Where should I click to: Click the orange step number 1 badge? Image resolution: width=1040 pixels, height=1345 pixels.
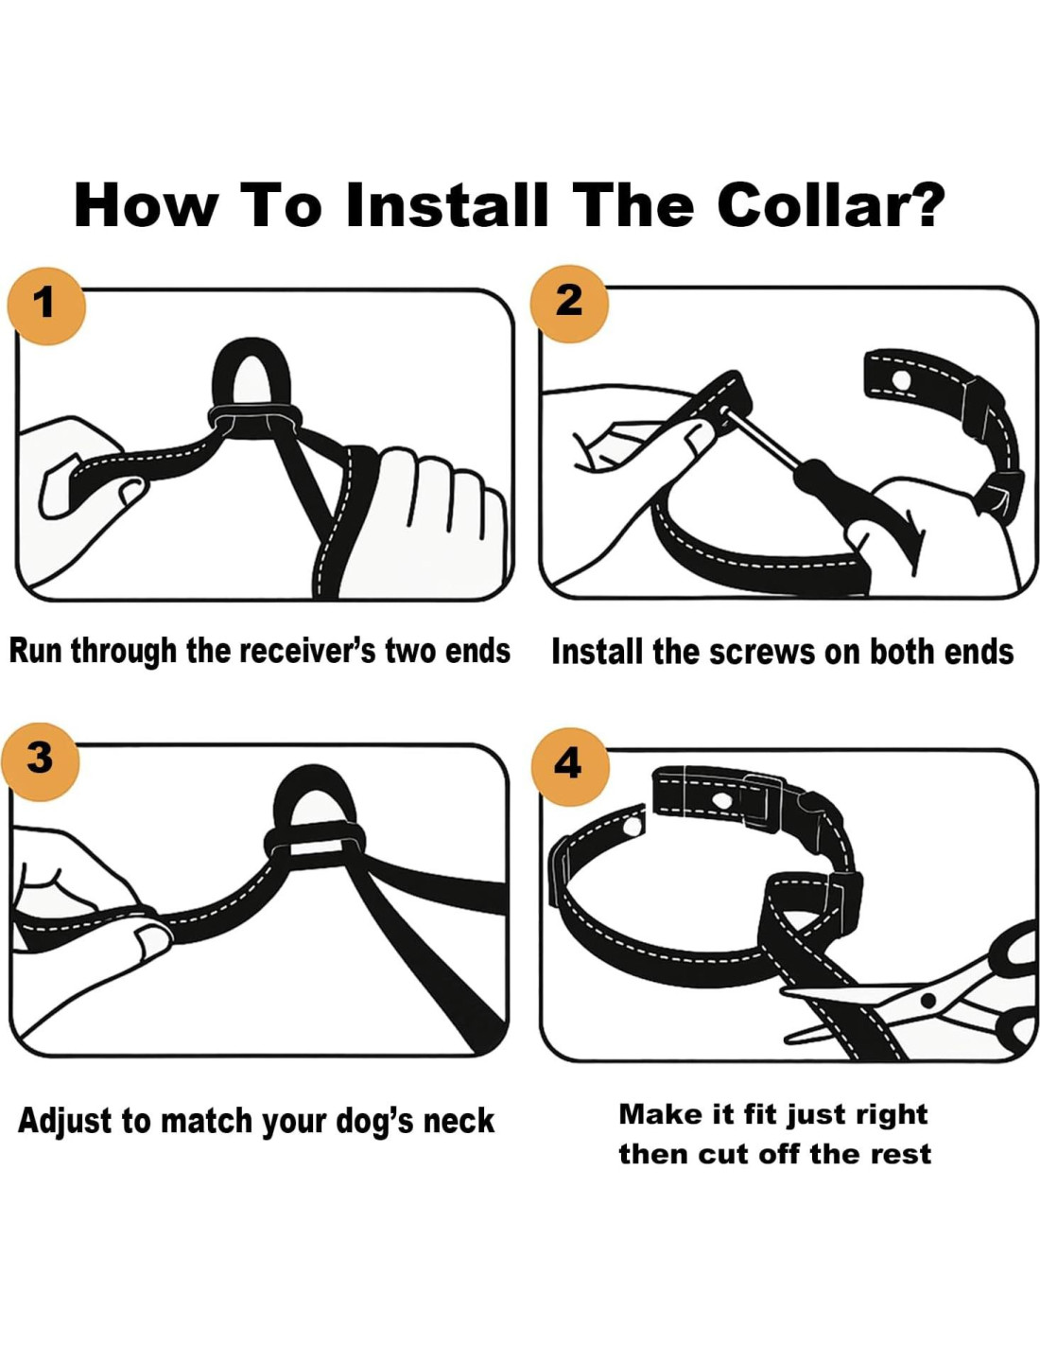tap(45, 306)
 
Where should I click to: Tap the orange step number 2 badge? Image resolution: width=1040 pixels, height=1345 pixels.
tap(570, 304)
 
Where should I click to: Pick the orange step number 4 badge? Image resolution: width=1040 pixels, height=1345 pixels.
tap(570, 766)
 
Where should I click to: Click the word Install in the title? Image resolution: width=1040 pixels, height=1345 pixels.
tap(446, 205)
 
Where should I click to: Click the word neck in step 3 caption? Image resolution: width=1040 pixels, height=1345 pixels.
tap(459, 1122)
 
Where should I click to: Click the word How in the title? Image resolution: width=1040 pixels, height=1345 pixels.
tap(146, 205)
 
